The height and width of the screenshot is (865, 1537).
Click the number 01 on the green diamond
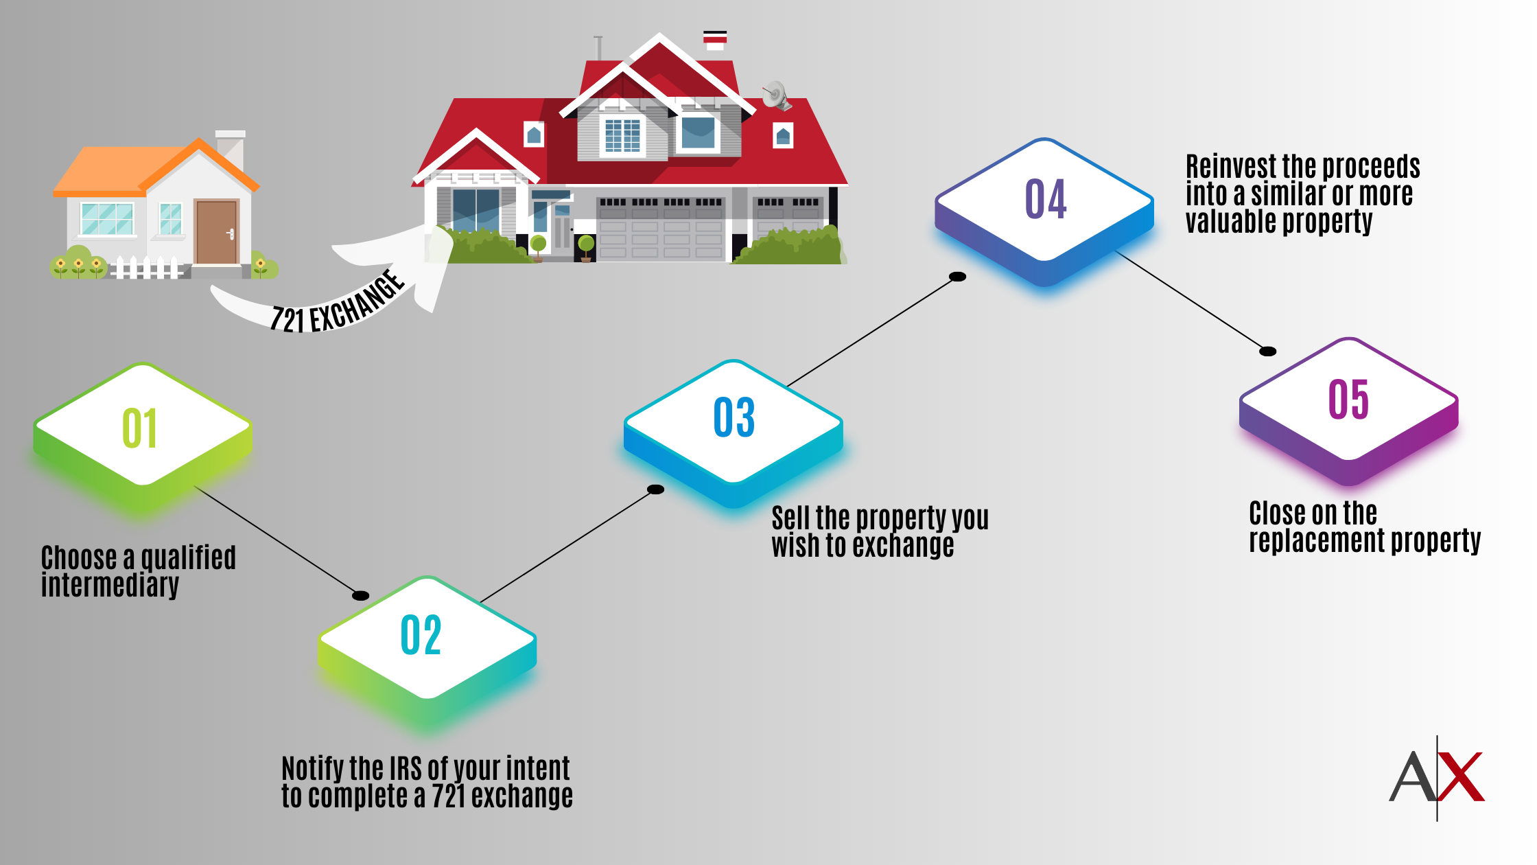click(139, 428)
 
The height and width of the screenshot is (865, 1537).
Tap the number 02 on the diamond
click(421, 635)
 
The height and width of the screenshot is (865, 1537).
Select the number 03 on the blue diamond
click(734, 417)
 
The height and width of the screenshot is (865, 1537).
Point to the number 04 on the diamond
click(1046, 199)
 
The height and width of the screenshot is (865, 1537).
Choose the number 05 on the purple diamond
click(1348, 399)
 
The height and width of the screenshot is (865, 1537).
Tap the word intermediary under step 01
click(110, 586)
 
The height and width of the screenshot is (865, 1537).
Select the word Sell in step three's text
click(791, 518)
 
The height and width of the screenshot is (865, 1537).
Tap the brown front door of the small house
click(216, 232)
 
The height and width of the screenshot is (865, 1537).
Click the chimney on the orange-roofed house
click(231, 150)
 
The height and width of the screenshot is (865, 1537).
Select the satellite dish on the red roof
click(776, 95)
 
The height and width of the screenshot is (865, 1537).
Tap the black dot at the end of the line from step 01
click(360, 595)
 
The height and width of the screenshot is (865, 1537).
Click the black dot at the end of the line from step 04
click(1267, 351)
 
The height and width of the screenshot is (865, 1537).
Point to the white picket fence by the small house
click(147, 268)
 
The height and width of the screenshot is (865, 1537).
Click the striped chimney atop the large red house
click(715, 41)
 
